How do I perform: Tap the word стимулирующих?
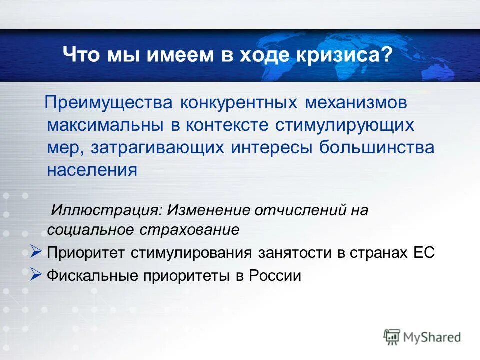[x=344, y=124]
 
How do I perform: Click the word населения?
[x=92, y=170]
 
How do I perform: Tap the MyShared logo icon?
[x=392, y=337]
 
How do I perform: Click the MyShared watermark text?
[x=432, y=337]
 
